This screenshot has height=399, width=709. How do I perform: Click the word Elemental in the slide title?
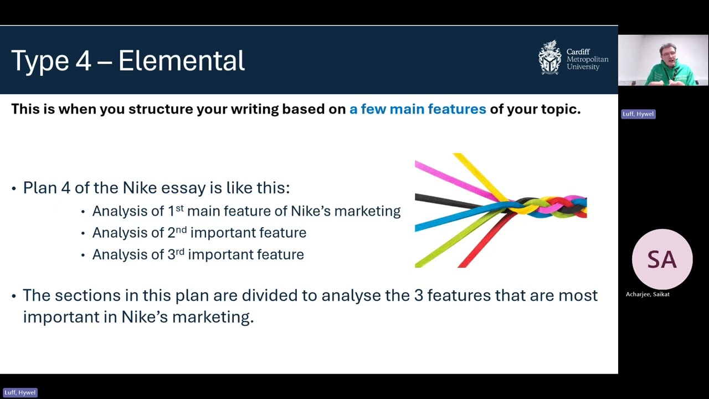click(181, 60)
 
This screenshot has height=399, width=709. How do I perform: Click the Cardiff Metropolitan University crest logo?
click(549, 58)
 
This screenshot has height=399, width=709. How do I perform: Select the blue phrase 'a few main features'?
click(417, 109)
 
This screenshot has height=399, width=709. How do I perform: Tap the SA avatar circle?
click(662, 259)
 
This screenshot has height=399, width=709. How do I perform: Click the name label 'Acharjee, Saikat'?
click(648, 294)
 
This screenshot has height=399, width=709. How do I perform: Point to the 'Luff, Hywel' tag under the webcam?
click(638, 114)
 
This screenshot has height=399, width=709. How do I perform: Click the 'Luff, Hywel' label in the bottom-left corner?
click(20, 392)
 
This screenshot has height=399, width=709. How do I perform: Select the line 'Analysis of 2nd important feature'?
click(199, 233)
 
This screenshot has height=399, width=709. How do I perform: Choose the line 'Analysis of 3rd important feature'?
click(198, 255)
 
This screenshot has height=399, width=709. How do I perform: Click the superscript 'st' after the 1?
click(179, 208)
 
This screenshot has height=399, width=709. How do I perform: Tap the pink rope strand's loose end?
click(419, 165)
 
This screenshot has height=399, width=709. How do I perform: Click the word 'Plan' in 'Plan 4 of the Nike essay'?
click(40, 188)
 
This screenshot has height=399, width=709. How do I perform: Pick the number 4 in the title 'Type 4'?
click(83, 60)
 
